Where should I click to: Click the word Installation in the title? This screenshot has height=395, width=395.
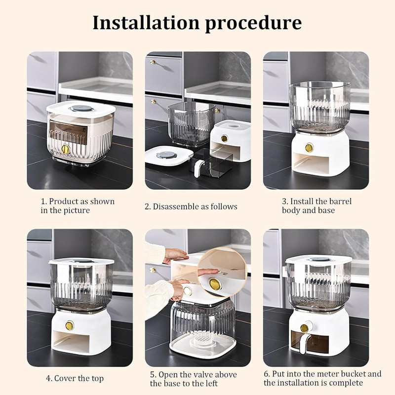click(x=146, y=23)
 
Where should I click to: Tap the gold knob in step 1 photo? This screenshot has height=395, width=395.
click(x=66, y=149)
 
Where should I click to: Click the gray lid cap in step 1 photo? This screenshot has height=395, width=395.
click(x=81, y=109)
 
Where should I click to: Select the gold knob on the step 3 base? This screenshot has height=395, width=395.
click(x=309, y=148)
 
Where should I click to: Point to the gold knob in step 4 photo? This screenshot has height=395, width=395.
click(x=69, y=326)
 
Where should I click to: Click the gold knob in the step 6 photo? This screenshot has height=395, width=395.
click(x=304, y=328)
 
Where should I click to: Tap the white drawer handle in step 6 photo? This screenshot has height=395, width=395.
click(x=304, y=340)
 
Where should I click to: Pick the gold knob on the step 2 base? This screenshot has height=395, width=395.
click(x=224, y=138)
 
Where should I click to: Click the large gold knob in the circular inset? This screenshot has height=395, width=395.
click(x=215, y=284)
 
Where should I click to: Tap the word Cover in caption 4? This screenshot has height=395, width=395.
click(x=65, y=378)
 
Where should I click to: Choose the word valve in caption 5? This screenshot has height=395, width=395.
click(x=204, y=375)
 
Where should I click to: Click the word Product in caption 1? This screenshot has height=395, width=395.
click(x=64, y=201)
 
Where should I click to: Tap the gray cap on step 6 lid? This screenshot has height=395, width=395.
click(x=319, y=259)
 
